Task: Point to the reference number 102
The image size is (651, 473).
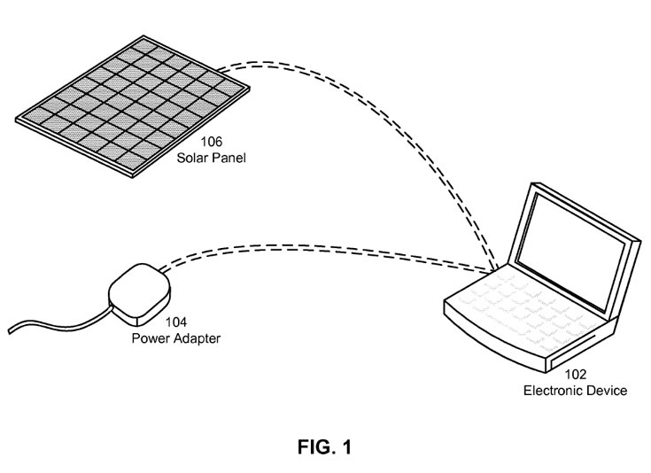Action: [x=575, y=375]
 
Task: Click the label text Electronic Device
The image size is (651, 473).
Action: [x=575, y=390]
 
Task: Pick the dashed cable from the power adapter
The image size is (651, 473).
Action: [x=337, y=244]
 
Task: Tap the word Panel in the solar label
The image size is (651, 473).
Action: [x=229, y=158]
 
